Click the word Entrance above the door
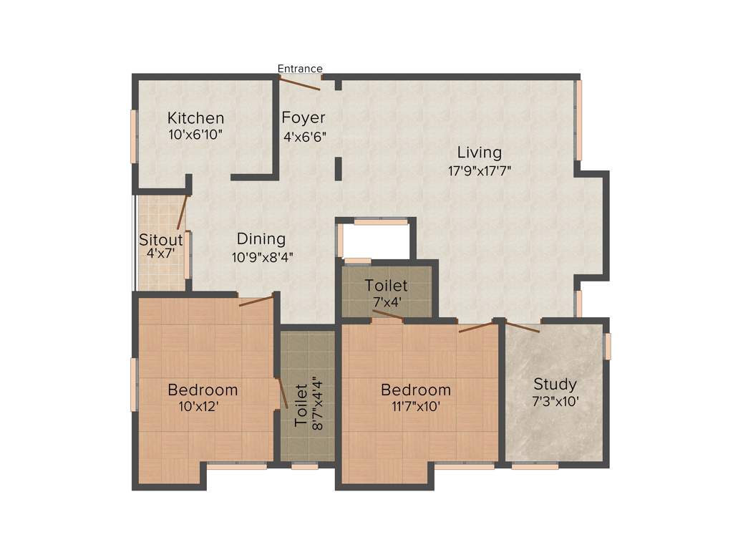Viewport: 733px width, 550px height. point(300,69)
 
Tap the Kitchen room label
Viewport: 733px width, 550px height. point(195,118)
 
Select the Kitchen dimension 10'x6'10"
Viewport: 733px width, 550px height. point(195,135)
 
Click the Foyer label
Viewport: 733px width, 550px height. point(304,118)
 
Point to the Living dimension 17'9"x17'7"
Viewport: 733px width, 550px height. point(479,170)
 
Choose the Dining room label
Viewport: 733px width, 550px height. point(261,239)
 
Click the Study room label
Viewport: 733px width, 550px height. point(555,385)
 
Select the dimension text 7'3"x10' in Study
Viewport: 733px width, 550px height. point(555,402)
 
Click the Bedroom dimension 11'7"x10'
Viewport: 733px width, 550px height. point(416,407)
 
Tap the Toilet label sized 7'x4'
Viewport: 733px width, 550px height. point(386,286)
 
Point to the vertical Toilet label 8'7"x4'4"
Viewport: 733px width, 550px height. point(301,405)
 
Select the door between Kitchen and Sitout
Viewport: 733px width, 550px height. point(183,212)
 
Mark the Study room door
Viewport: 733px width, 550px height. point(523,328)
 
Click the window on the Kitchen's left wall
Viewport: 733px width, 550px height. point(133,136)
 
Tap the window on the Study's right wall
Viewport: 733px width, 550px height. point(608,346)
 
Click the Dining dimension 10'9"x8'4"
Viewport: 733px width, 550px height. point(261,257)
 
